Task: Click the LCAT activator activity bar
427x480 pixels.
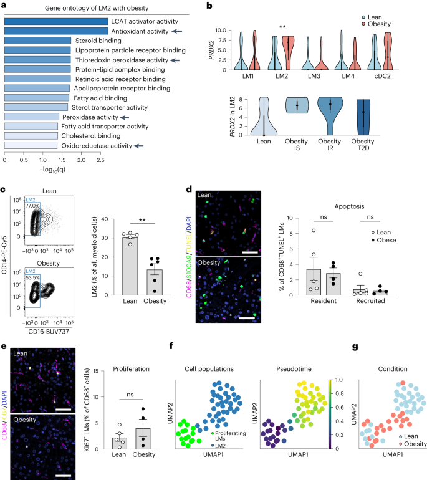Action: click(55, 21)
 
